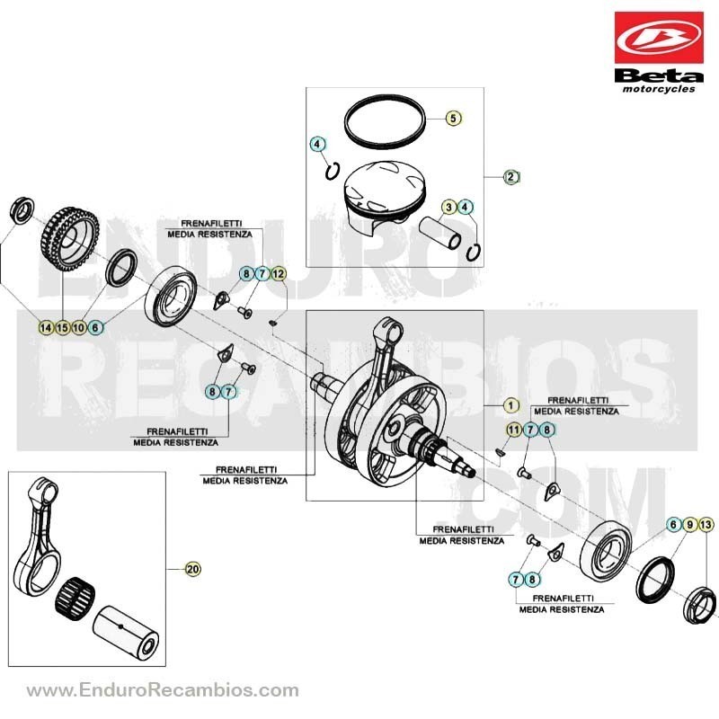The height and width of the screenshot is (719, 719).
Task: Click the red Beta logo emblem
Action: [659, 38]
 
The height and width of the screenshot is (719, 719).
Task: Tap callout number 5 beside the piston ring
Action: [453, 118]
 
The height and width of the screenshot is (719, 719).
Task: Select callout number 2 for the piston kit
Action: [510, 176]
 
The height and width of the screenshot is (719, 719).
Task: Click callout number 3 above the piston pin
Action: [448, 208]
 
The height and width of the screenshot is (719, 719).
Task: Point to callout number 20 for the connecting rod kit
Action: [193, 569]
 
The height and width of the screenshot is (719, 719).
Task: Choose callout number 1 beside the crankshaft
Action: [510, 405]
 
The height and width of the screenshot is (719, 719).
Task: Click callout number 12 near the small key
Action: [278, 274]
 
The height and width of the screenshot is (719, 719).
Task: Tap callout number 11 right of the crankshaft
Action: [514, 430]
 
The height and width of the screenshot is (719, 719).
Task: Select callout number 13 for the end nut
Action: [706, 525]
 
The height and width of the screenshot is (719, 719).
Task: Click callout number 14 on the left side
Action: [46, 327]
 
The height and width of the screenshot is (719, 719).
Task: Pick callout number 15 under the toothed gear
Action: [62, 327]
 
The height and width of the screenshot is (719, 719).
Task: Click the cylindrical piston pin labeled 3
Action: [440, 234]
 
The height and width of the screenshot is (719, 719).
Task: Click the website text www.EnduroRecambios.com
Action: [163, 690]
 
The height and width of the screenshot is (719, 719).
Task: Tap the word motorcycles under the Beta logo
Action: [659, 89]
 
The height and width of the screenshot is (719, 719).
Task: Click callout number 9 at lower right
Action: [689, 525]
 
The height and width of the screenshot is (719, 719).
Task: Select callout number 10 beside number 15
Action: [79, 327]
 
